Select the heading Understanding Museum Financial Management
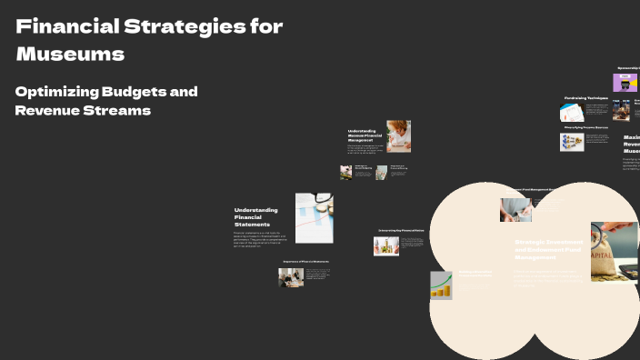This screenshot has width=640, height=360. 364,135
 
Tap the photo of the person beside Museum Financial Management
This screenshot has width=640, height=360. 398,135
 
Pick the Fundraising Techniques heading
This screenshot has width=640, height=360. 585,97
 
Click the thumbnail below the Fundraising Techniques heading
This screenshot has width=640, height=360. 571,112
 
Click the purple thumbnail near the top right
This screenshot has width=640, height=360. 625,83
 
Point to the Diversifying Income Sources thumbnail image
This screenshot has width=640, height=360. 572,142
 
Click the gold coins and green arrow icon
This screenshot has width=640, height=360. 442,285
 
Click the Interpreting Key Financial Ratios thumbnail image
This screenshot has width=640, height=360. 386,245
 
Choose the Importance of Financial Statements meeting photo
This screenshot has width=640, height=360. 291,277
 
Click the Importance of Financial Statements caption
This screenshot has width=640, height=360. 305,262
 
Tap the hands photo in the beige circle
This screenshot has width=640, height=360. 515,210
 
